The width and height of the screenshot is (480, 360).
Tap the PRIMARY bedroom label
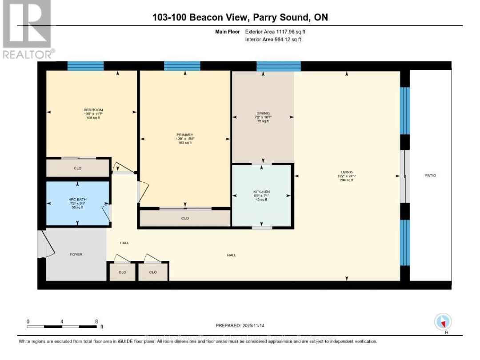(x=185, y=135)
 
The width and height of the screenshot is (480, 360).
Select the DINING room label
(x=263, y=113)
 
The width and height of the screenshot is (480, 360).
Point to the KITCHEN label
(x=262, y=192)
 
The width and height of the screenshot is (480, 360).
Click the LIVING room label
(x=347, y=172)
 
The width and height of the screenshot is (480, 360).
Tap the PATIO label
(x=430, y=176)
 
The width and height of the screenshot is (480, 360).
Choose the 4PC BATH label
(x=77, y=200)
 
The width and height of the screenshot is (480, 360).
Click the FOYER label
(x=76, y=255)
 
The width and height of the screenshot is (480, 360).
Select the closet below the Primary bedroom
(x=185, y=218)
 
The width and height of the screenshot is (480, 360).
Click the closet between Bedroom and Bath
(x=77, y=168)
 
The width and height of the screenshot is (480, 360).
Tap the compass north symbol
(x=443, y=322)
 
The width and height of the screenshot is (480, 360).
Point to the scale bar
(x=62, y=327)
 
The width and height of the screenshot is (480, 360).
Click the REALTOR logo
(x=27, y=29)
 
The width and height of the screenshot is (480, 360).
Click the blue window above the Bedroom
(x=85, y=66)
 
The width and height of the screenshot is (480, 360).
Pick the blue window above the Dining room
(x=279, y=66)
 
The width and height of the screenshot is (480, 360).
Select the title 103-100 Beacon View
(x=240, y=17)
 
